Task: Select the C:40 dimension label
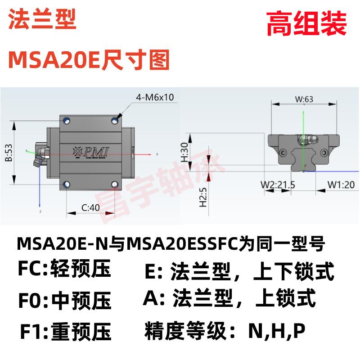[x=91, y=208]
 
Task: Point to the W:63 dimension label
[x=304, y=99]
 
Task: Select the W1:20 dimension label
[x=340, y=184]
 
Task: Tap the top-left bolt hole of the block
[x=67, y=120]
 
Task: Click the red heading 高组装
[x=306, y=24]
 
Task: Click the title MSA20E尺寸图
[x=89, y=60]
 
